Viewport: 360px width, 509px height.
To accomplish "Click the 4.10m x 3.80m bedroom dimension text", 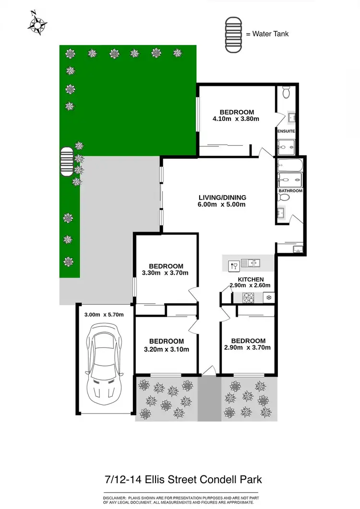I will click(236, 119).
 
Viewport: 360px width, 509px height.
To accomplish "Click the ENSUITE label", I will click(286, 131).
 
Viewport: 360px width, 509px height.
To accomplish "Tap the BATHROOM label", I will click(290, 191).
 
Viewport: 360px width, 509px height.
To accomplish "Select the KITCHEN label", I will click(251, 279).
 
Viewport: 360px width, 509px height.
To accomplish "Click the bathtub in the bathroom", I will click(289, 165).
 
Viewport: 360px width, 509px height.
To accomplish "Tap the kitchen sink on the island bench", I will click(251, 263).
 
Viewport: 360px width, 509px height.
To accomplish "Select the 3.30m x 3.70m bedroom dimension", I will click(166, 273).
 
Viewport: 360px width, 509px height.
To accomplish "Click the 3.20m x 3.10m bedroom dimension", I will click(166, 349).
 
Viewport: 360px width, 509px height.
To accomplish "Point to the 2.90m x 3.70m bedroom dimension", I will click(247, 347).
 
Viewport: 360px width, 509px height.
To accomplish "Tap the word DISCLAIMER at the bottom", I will click(113, 496).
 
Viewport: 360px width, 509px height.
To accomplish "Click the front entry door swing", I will click(208, 371).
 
